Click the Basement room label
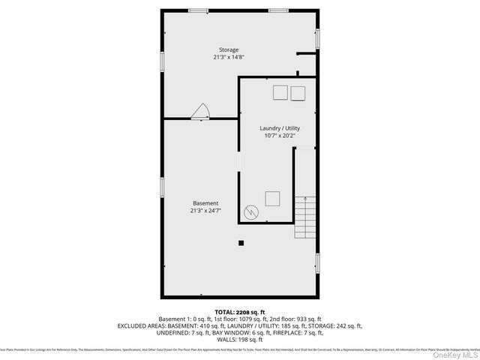tap(205, 203)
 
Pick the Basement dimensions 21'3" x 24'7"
tap(205, 211)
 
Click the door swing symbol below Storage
tap(200, 112)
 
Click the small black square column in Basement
tap(241, 242)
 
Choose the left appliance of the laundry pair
tap(279, 92)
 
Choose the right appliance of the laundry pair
tap(298, 92)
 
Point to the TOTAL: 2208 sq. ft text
tap(240, 312)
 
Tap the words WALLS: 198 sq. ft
tap(239, 340)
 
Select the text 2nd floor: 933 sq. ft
tap(296, 319)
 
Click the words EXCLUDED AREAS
tap(142, 326)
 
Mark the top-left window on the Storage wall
tap(198, 10)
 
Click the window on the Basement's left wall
tap(161, 187)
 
